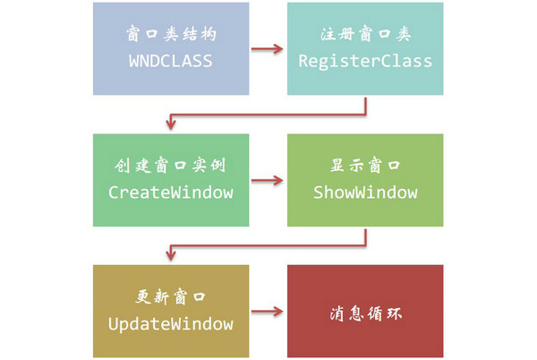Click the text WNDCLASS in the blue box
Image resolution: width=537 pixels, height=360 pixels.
(x=171, y=62)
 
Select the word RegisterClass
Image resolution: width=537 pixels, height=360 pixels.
(x=364, y=62)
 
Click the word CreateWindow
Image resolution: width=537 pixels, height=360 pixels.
(x=171, y=193)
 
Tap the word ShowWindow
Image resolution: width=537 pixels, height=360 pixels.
(x=364, y=193)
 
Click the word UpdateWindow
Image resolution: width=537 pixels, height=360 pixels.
(x=171, y=323)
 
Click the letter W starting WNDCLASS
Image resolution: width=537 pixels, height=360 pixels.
(x=134, y=62)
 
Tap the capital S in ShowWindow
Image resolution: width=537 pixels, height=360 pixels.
(x=318, y=193)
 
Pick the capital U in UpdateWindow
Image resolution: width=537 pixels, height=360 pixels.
(x=113, y=323)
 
